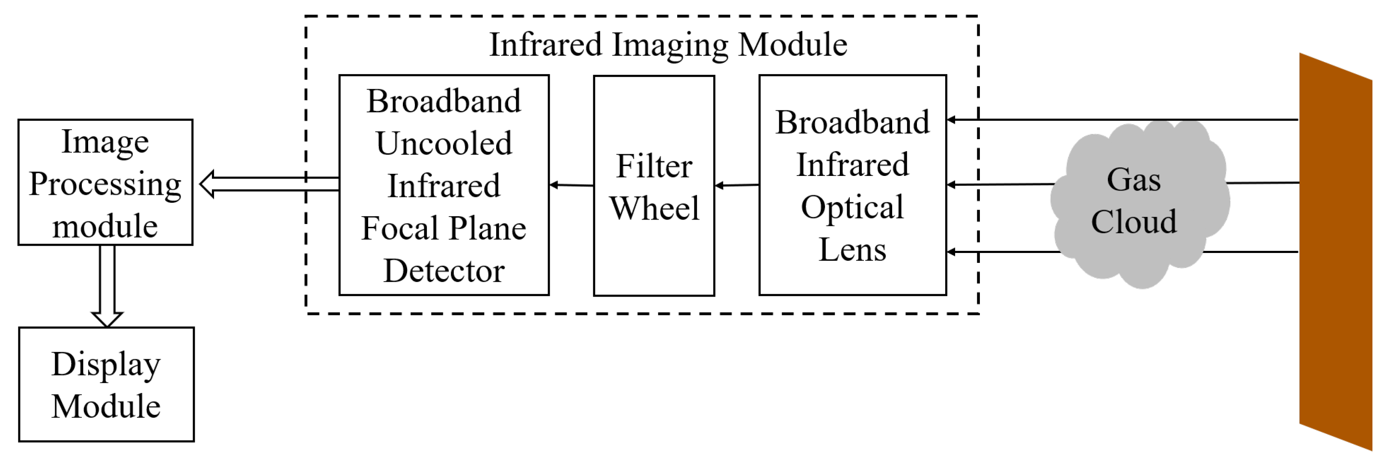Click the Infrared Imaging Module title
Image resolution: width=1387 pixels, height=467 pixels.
coord(668,45)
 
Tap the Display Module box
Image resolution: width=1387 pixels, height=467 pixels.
coord(106,384)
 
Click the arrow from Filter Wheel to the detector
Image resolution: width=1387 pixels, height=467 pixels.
coord(571,185)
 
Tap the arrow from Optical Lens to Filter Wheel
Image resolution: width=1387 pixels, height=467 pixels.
coord(737,185)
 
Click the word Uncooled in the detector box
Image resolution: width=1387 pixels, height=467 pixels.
coord(443,144)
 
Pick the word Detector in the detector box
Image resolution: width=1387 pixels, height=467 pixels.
coord(443,271)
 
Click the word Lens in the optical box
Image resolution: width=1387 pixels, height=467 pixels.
coord(852,250)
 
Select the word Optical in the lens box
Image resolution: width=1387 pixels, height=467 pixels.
coord(852,207)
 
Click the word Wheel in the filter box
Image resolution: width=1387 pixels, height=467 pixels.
coord(654,208)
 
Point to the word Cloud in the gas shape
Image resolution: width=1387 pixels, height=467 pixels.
coord(1134,221)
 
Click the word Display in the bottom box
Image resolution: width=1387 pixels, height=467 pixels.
coord(106,364)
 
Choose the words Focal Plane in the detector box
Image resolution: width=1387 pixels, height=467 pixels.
coord(443,229)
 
